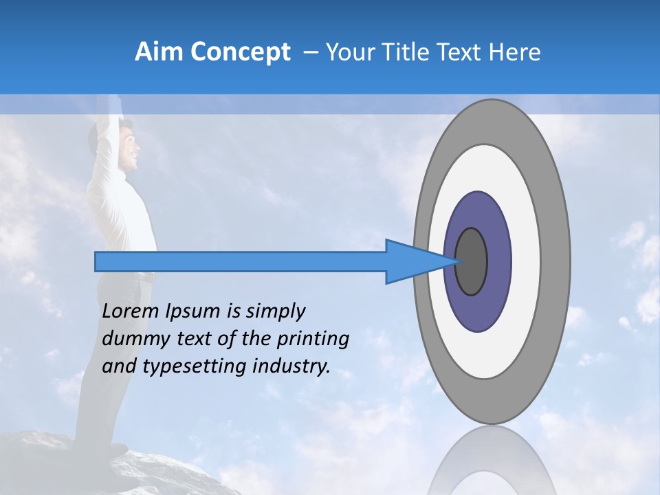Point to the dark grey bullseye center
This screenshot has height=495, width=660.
472,262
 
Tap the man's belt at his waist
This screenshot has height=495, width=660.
140,276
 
